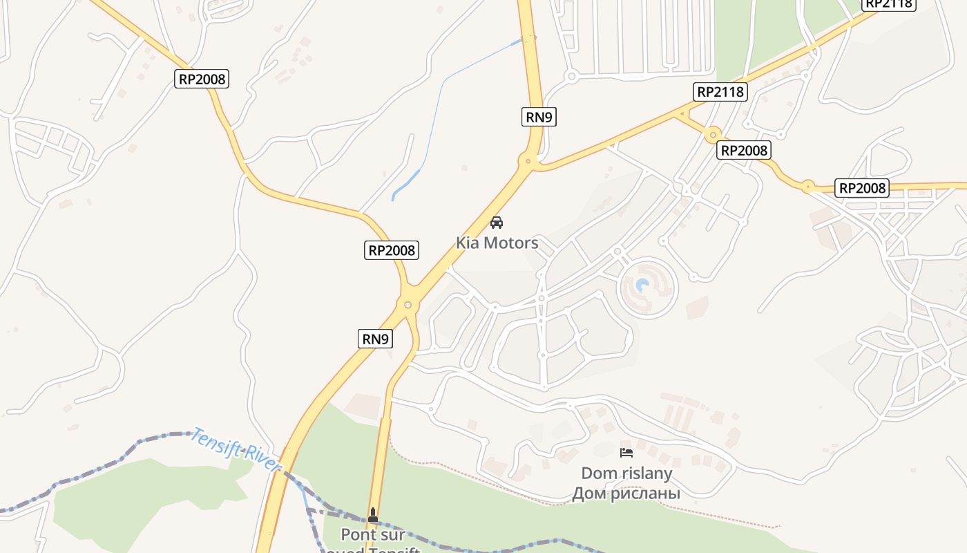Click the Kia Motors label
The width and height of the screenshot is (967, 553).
[497, 243]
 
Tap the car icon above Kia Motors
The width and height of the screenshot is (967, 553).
[496, 223]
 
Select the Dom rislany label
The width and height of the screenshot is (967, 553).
[626, 474]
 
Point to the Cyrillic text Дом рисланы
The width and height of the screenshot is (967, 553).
[626, 494]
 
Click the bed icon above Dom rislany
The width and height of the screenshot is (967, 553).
[626, 453]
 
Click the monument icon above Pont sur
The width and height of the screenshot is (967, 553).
[373, 514]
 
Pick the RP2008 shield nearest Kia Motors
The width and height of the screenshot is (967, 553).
[392, 250]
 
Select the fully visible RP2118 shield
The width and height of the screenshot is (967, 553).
[721, 92]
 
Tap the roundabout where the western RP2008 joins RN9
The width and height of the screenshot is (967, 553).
[408, 305]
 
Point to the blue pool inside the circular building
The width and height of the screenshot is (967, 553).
[642, 284]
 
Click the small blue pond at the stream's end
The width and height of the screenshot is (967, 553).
[406, 183]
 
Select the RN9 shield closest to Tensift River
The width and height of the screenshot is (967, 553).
[376, 339]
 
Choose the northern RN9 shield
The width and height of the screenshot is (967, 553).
[539, 117]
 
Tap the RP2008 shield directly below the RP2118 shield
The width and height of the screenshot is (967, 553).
[744, 150]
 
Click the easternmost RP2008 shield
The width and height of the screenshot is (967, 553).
[862, 188]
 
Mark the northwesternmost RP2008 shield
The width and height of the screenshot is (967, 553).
[202, 79]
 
